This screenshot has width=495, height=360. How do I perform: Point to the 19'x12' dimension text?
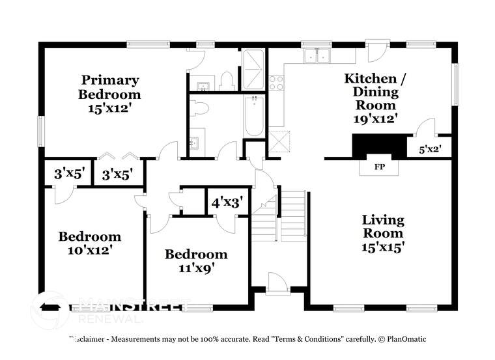(x=375, y=118)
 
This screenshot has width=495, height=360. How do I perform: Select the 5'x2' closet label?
(x=430, y=149)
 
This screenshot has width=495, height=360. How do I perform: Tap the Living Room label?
(x=383, y=227)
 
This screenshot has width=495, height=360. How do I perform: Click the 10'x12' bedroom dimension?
(x=90, y=249)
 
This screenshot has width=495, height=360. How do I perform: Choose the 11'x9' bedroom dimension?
(x=196, y=267)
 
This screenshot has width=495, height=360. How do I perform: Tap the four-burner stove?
(x=276, y=83)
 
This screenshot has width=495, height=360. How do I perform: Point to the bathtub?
(x=254, y=116)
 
